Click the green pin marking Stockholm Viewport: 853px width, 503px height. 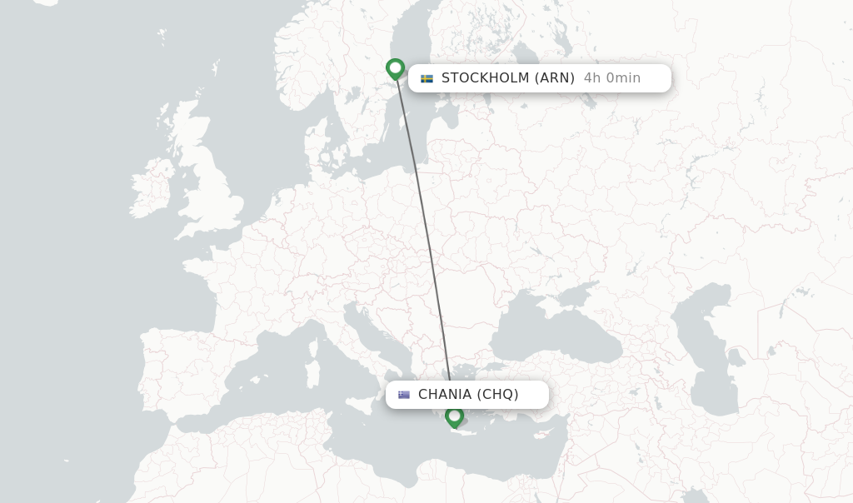[x=396, y=67]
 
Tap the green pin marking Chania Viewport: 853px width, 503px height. [x=454, y=416]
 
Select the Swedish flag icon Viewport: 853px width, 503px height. [x=426, y=78]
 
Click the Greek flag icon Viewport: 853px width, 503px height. [x=404, y=395]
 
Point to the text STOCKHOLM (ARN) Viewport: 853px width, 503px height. [x=507, y=78]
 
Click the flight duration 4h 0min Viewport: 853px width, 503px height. [x=611, y=78]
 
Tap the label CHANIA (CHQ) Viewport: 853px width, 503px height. [x=468, y=395]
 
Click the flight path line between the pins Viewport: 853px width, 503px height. [x=423, y=233]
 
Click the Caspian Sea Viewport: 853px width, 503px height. [x=708, y=350]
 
